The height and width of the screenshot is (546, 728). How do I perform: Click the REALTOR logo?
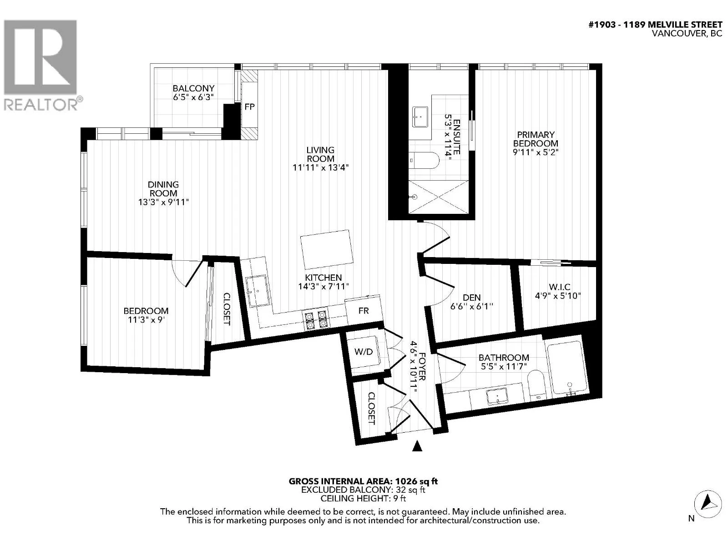click(x=43, y=65)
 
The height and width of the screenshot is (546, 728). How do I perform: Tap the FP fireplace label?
click(x=249, y=107)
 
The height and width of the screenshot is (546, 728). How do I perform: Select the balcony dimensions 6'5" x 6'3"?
click(x=193, y=97)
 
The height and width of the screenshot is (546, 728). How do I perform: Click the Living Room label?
click(x=320, y=154)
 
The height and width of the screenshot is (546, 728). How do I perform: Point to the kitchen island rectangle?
click(x=326, y=249)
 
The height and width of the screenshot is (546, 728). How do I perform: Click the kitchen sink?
click(x=258, y=291)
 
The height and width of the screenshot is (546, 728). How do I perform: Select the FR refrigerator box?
click(x=364, y=310)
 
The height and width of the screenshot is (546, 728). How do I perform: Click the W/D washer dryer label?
click(x=364, y=352)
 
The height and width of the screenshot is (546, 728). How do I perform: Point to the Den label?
click(x=471, y=298)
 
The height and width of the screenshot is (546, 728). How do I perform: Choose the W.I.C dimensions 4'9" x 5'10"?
click(x=558, y=295)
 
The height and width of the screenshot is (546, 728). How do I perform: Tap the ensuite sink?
click(x=420, y=116)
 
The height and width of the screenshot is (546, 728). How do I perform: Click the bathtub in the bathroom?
click(x=566, y=368)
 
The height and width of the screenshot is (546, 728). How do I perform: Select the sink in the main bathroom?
click(x=497, y=396)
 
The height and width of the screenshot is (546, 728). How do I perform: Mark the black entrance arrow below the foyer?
click(x=417, y=446)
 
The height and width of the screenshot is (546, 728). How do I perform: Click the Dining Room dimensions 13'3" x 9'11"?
click(x=163, y=202)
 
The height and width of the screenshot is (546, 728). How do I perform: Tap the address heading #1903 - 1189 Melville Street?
click(x=655, y=25)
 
